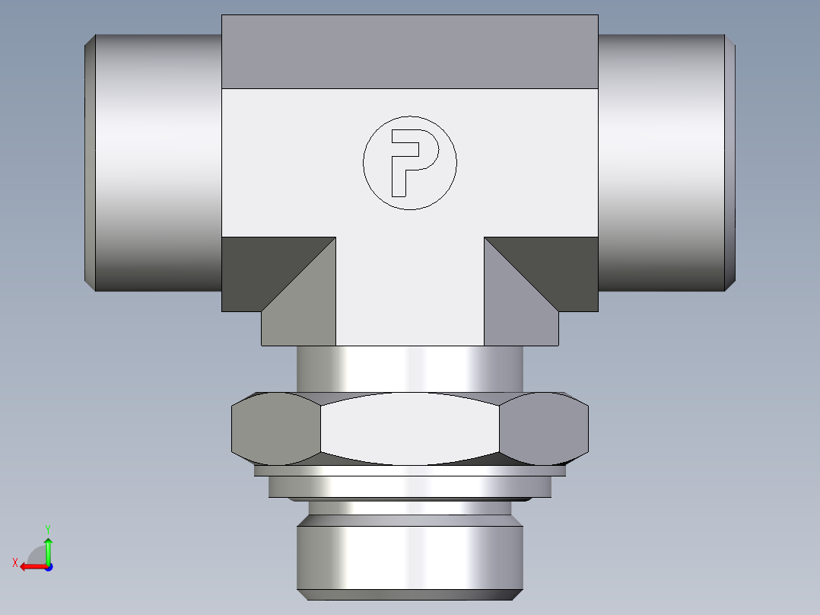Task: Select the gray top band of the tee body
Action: pyautogui.click(x=409, y=52)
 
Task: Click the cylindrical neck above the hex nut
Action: pyautogui.click(x=409, y=369)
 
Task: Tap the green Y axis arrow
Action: pyautogui.click(x=48, y=547)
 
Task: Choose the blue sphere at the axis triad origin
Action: pyautogui.click(x=48, y=566)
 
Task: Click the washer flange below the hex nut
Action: pyautogui.click(x=409, y=486)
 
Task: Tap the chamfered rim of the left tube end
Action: pyautogui.click(x=89, y=161)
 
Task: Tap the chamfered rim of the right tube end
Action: pyautogui.click(x=730, y=161)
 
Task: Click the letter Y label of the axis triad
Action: pyautogui.click(x=47, y=527)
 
